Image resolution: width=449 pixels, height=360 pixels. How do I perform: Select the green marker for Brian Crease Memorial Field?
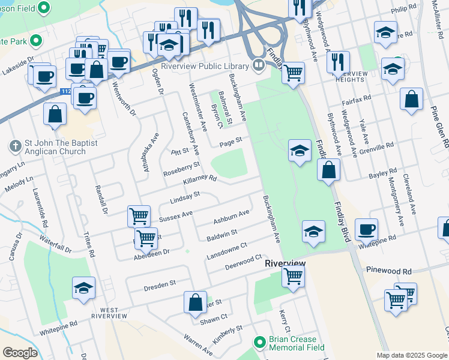coord(259,342)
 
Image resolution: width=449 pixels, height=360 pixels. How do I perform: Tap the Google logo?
coord(20,353)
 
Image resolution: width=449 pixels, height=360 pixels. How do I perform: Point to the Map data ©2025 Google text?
coord(412,355)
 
